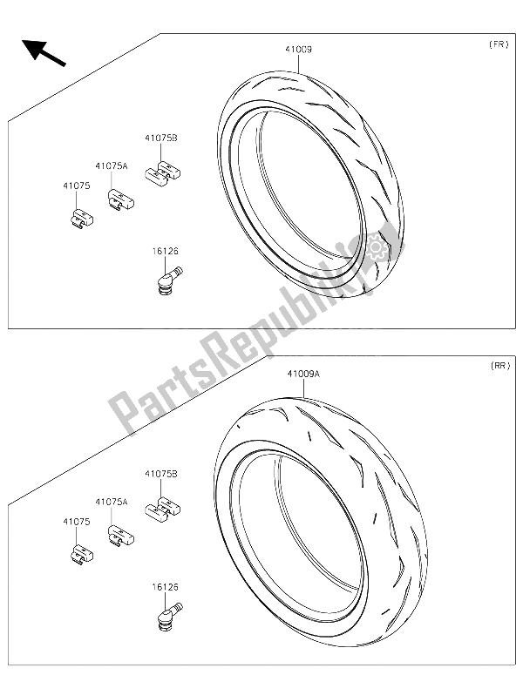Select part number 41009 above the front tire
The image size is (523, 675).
click(296, 51)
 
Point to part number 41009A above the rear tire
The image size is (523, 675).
click(304, 374)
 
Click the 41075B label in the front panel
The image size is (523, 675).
click(162, 138)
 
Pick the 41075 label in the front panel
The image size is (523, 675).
click(75, 186)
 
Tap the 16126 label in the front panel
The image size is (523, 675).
click(166, 252)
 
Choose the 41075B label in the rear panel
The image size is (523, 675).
click(161, 474)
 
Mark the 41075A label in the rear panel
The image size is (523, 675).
click(112, 503)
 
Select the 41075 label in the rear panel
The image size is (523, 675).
click(75, 522)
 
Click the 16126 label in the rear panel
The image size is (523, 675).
click(166, 588)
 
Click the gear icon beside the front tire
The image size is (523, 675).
click(377, 248)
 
